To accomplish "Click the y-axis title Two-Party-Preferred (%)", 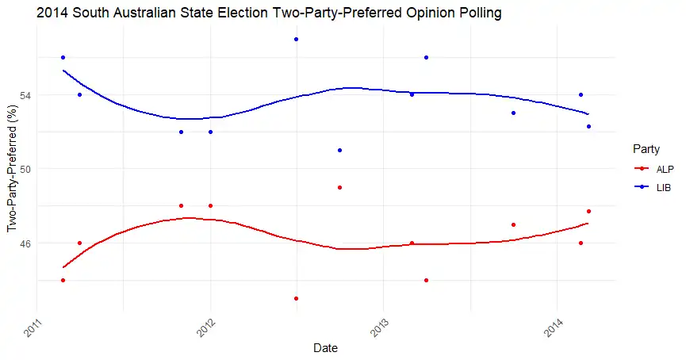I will (12, 168).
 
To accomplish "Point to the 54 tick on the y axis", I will (27, 95).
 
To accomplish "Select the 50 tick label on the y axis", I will (27, 169).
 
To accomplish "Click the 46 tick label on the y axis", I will (27, 243).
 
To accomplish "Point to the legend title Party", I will (643, 149).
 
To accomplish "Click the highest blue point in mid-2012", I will (296, 39).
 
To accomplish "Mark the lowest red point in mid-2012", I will (296, 298).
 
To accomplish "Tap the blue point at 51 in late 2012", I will (339, 150).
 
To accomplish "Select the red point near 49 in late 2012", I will (339, 187).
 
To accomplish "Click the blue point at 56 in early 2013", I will (427, 57).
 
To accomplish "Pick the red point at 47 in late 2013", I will (514, 224).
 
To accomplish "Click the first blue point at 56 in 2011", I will (63, 57).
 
